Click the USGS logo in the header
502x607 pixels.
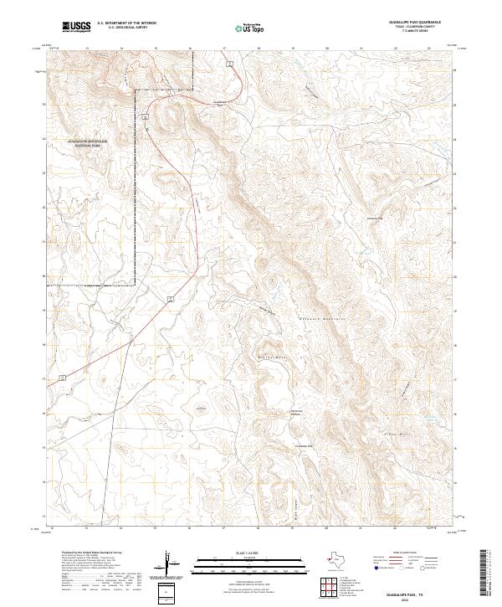point(77,27)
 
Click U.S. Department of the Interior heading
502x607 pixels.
point(126,24)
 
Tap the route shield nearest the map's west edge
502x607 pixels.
point(63,378)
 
